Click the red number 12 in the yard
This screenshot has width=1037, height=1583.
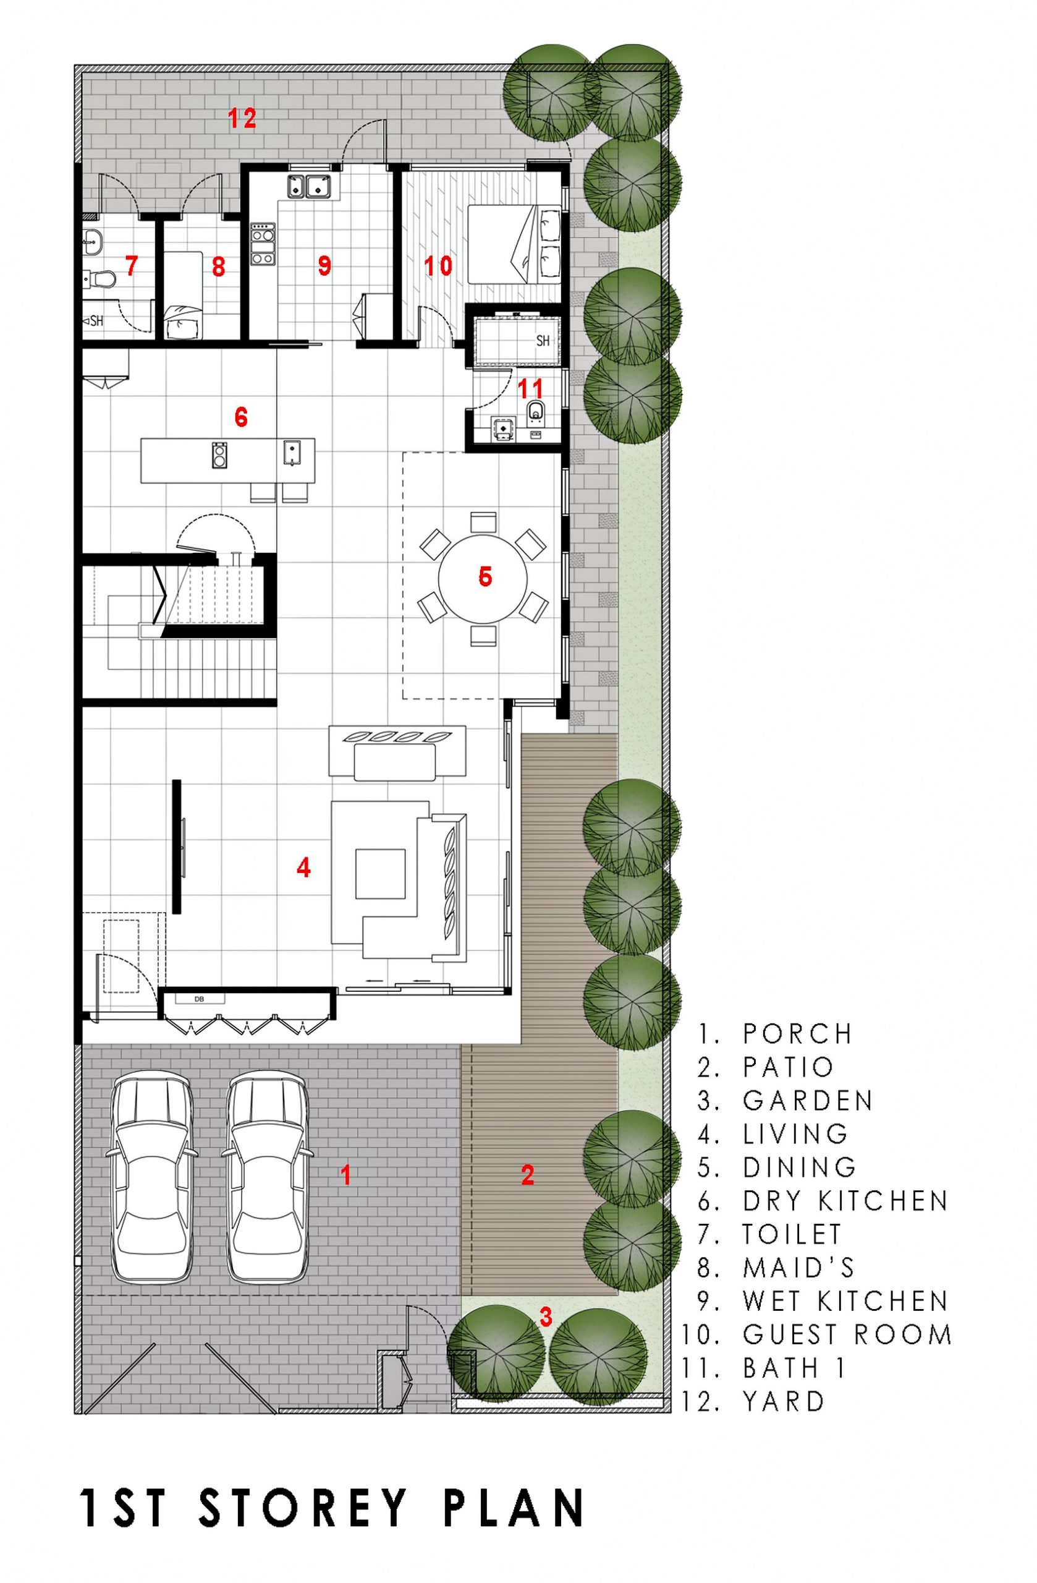[x=242, y=119]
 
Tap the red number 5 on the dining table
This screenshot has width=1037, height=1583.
[x=485, y=576]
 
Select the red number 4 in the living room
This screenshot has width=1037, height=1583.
[x=304, y=868]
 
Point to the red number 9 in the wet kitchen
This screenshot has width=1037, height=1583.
[x=324, y=266]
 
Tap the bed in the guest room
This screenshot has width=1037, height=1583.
[x=515, y=244]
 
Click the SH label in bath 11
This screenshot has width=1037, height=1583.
[x=543, y=341]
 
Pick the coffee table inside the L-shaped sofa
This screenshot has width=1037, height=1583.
[x=379, y=873]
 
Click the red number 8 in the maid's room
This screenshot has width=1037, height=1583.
[x=218, y=267]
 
